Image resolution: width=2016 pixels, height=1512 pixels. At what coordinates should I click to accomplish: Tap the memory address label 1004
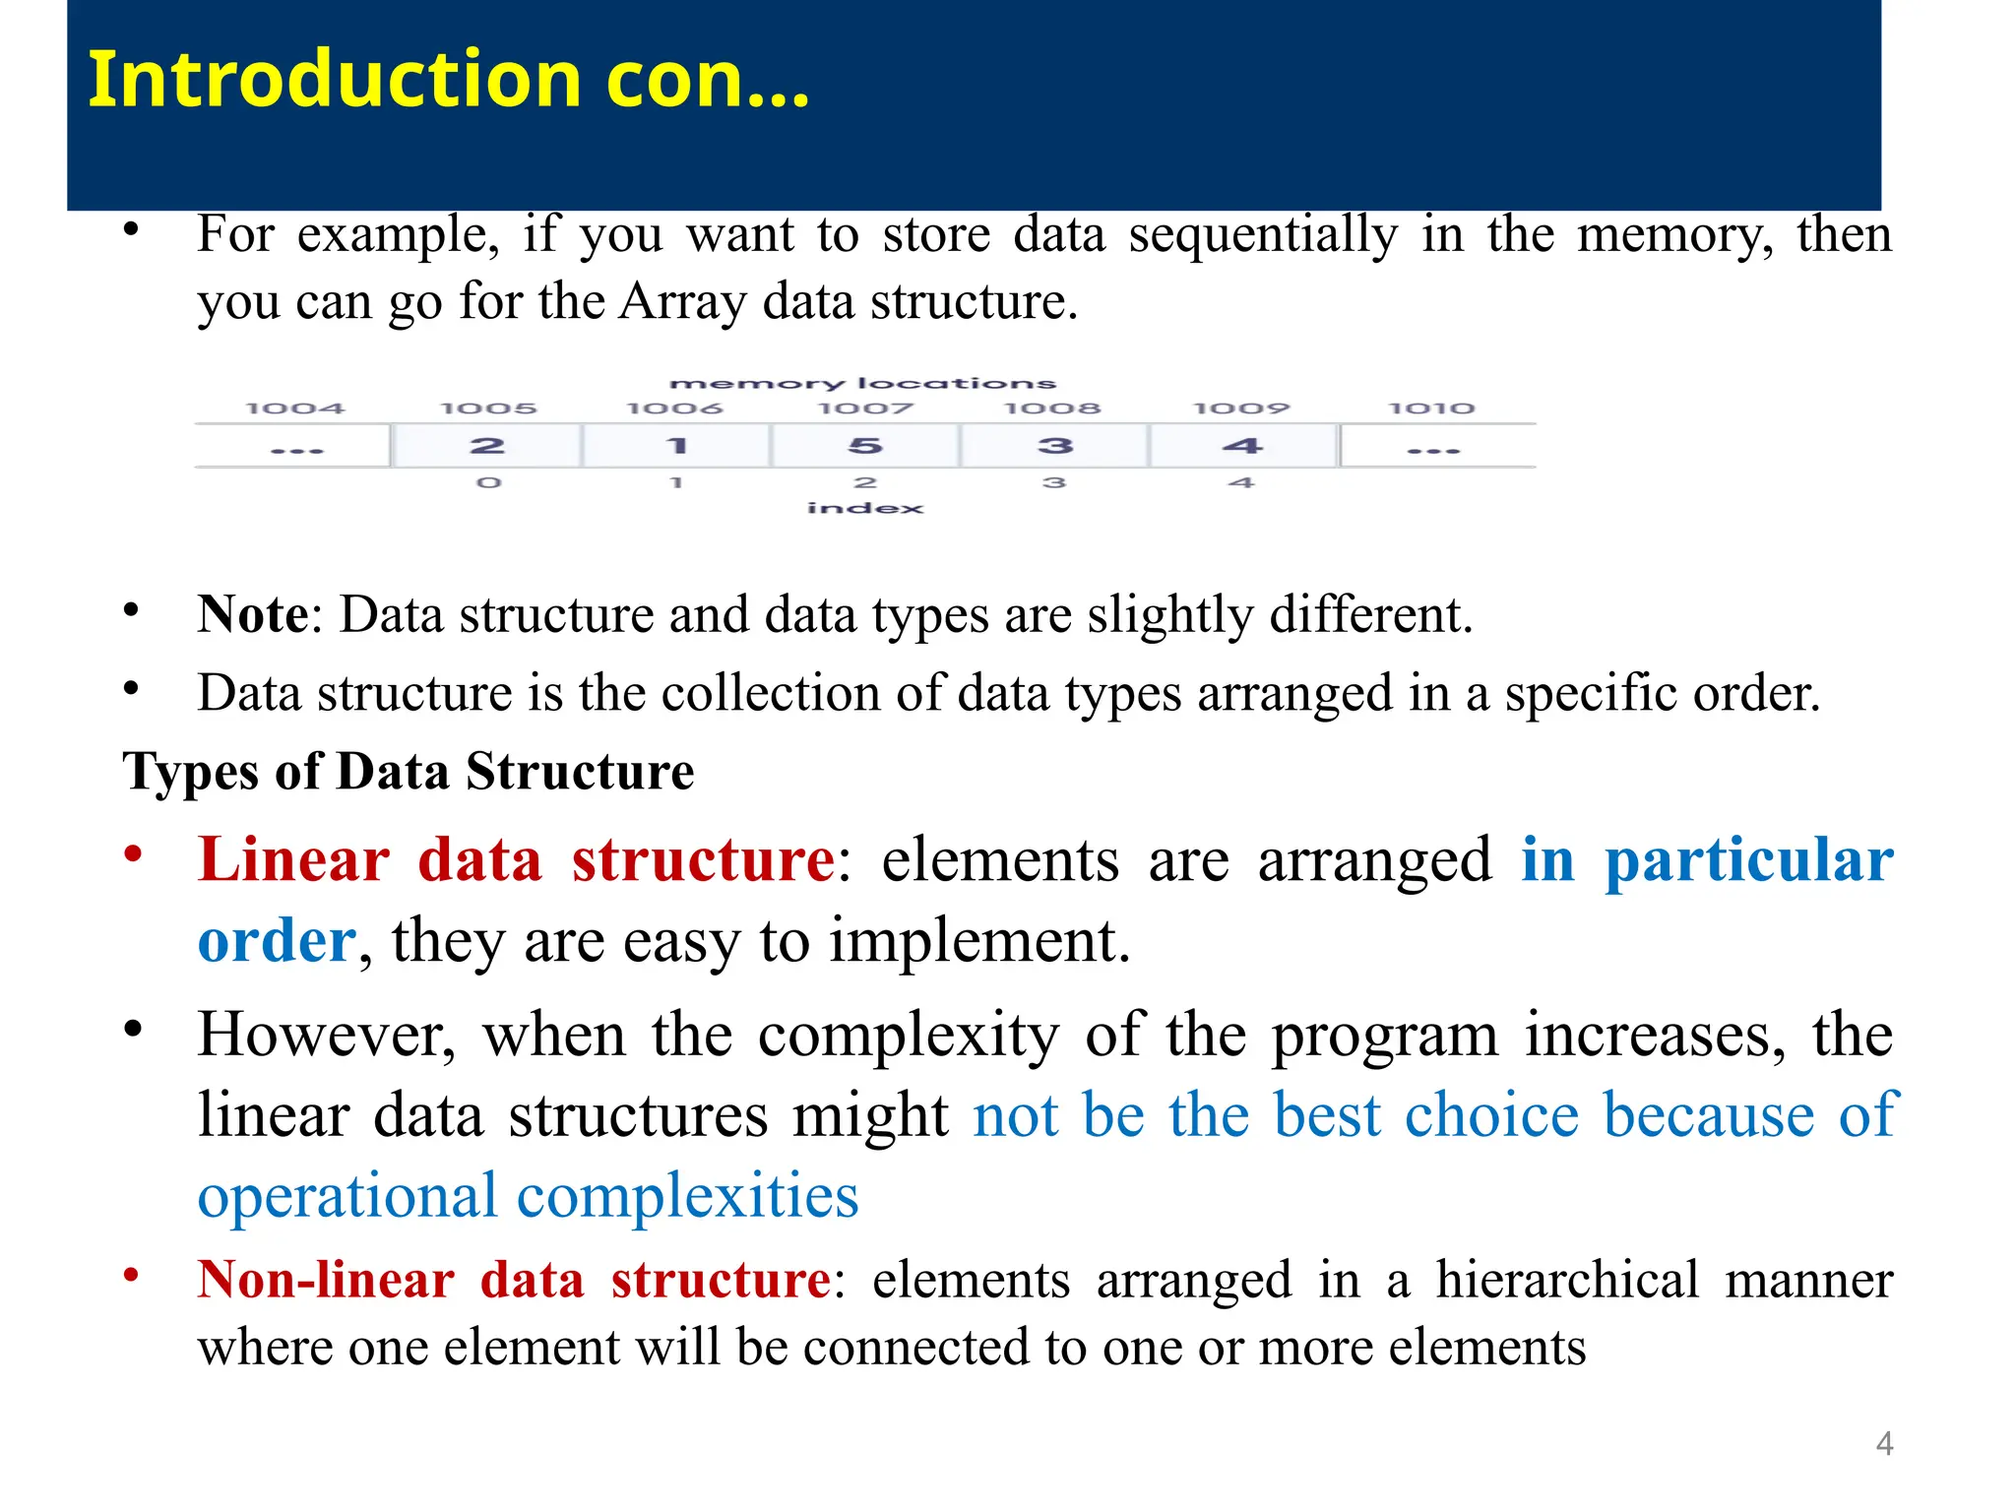pyautogui.click(x=294, y=409)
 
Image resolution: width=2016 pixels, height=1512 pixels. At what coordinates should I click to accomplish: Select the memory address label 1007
pyautogui.click(x=865, y=409)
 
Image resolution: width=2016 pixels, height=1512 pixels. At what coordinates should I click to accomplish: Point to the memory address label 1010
pyautogui.click(x=1431, y=409)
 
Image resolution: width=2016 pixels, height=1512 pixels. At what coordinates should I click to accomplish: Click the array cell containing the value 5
pyautogui.click(x=865, y=446)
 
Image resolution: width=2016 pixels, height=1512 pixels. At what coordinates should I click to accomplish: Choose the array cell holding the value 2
pyautogui.click(x=487, y=446)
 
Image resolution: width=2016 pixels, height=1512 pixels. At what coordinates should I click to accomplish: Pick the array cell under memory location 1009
pyautogui.click(x=1243, y=446)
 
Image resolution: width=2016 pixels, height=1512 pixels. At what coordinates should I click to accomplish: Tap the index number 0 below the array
pyautogui.click(x=489, y=482)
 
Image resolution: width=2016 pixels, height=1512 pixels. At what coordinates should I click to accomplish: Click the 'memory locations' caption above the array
pyautogui.click(x=862, y=383)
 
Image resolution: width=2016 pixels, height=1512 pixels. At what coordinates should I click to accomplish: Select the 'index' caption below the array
pyautogui.click(x=865, y=508)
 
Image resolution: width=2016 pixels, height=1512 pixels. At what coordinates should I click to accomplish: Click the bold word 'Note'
pyautogui.click(x=253, y=615)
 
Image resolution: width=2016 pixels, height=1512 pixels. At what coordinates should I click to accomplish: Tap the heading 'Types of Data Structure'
pyautogui.click(x=409, y=771)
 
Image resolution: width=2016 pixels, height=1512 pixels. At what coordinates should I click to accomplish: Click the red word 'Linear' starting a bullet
pyautogui.click(x=293, y=859)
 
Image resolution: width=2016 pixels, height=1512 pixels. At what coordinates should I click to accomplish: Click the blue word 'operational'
pyautogui.click(x=347, y=1197)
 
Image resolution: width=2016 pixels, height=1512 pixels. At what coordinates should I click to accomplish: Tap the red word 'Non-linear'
pyautogui.click(x=325, y=1280)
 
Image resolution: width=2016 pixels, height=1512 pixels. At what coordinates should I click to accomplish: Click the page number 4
pyautogui.click(x=1884, y=1444)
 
